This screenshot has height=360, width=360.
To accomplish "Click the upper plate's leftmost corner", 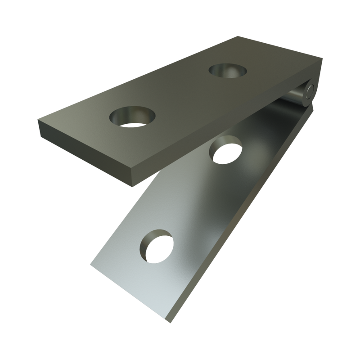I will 37,118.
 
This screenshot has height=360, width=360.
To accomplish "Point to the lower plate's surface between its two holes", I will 193,198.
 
